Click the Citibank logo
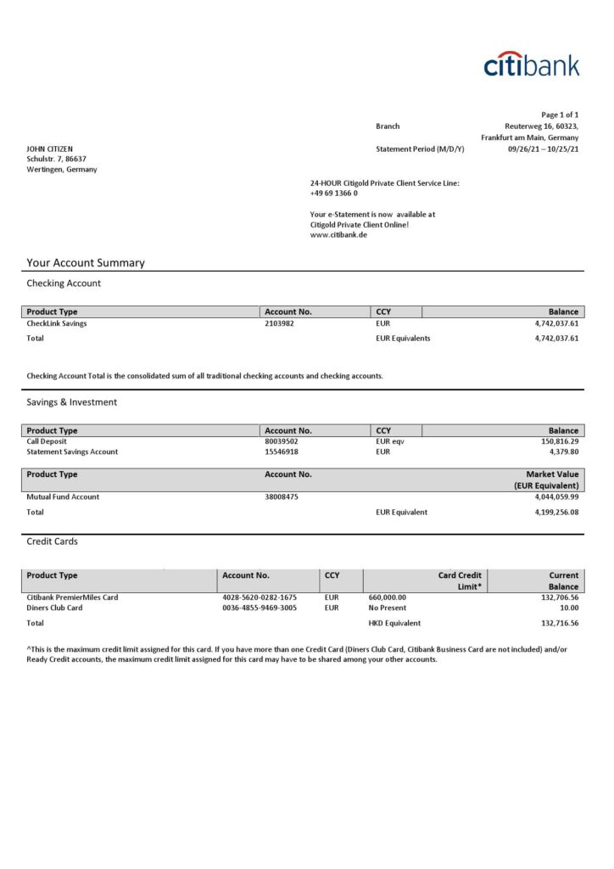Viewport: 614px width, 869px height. pyautogui.click(x=532, y=64)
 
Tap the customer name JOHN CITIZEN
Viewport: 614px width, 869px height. pyautogui.click(x=49, y=149)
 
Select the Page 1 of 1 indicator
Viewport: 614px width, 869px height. pyautogui.click(x=560, y=115)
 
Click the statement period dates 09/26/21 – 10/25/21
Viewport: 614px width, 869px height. pyautogui.click(x=543, y=149)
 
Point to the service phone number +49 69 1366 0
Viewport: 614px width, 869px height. pyautogui.click(x=334, y=193)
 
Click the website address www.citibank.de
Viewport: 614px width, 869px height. pyautogui.click(x=338, y=234)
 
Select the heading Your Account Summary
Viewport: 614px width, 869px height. pyautogui.click(x=86, y=263)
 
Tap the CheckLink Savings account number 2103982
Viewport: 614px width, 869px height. pyautogui.click(x=279, y=323)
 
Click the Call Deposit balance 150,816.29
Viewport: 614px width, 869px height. pyautogui.click(x=556, y=441)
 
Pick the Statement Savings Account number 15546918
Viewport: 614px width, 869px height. pyautogui.click(x=282, y=451)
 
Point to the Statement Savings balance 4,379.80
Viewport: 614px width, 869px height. pyautogui.click(x=563, y=451)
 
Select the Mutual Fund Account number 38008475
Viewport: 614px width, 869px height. pyautogui.click(x=282, y=496)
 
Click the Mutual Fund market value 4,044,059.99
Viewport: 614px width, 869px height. pyautogui.click(x=552, y=496)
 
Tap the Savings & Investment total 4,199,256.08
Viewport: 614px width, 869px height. pyautogui.click(x=552, y=512)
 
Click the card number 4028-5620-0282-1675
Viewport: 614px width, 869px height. pyautogui.click(x=260, y=597)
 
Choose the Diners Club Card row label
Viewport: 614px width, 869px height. pyautogui.click(x=55, y=608)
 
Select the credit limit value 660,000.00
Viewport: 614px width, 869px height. pyautogui.click(x=388, y=597)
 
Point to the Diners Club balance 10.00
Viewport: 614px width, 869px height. pyautogui.click(x=570, y=608)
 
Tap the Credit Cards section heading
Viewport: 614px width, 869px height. pyautogui.click(x=52, y=541)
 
